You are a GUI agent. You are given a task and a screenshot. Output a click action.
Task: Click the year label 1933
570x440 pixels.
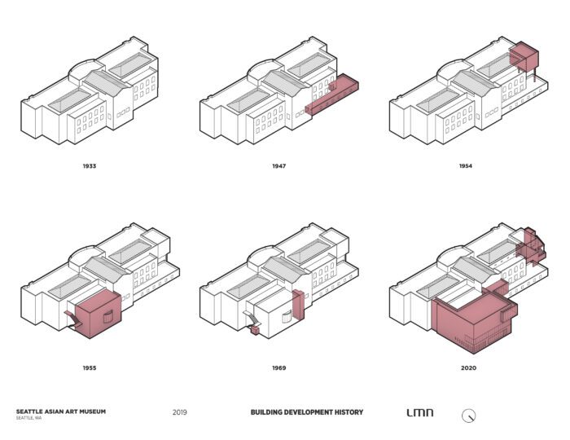89,166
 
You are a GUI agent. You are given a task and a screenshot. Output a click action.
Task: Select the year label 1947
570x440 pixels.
279,166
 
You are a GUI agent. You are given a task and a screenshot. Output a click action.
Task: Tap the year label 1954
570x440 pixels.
465,166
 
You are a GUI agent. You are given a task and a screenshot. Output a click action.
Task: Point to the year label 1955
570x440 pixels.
89,367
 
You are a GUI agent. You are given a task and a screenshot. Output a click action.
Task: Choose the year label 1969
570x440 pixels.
279,367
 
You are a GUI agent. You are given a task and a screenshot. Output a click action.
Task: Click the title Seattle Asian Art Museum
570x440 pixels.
60,411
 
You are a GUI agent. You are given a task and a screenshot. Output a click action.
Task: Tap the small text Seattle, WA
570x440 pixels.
28,418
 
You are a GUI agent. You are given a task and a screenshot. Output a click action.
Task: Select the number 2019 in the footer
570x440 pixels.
180,412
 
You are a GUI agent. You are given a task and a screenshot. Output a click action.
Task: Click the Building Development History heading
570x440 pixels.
307,412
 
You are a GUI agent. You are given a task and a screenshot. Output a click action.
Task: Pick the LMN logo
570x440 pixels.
419,413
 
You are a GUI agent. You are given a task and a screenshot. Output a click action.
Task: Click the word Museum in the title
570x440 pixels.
92,411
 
